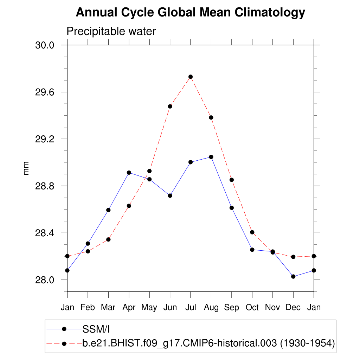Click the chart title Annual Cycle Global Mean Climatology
[x=190, y=13]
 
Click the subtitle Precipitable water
[x=111, y=31]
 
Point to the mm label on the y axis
[x=26, y=168]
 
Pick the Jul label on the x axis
[x=190, y=308]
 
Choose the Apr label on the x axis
[x=129, y=308]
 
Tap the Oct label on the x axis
[x=252, y=308]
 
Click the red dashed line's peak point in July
[x=191, y=77]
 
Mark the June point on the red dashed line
[x=170, y=106]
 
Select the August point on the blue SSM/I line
[x=211, y=157]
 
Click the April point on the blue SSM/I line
[x=129, y=173]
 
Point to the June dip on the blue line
[x=170, y=195]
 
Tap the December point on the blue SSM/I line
[x=293, y=276]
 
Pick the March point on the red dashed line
[x=108, y=239]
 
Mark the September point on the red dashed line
[x=232, y=180]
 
